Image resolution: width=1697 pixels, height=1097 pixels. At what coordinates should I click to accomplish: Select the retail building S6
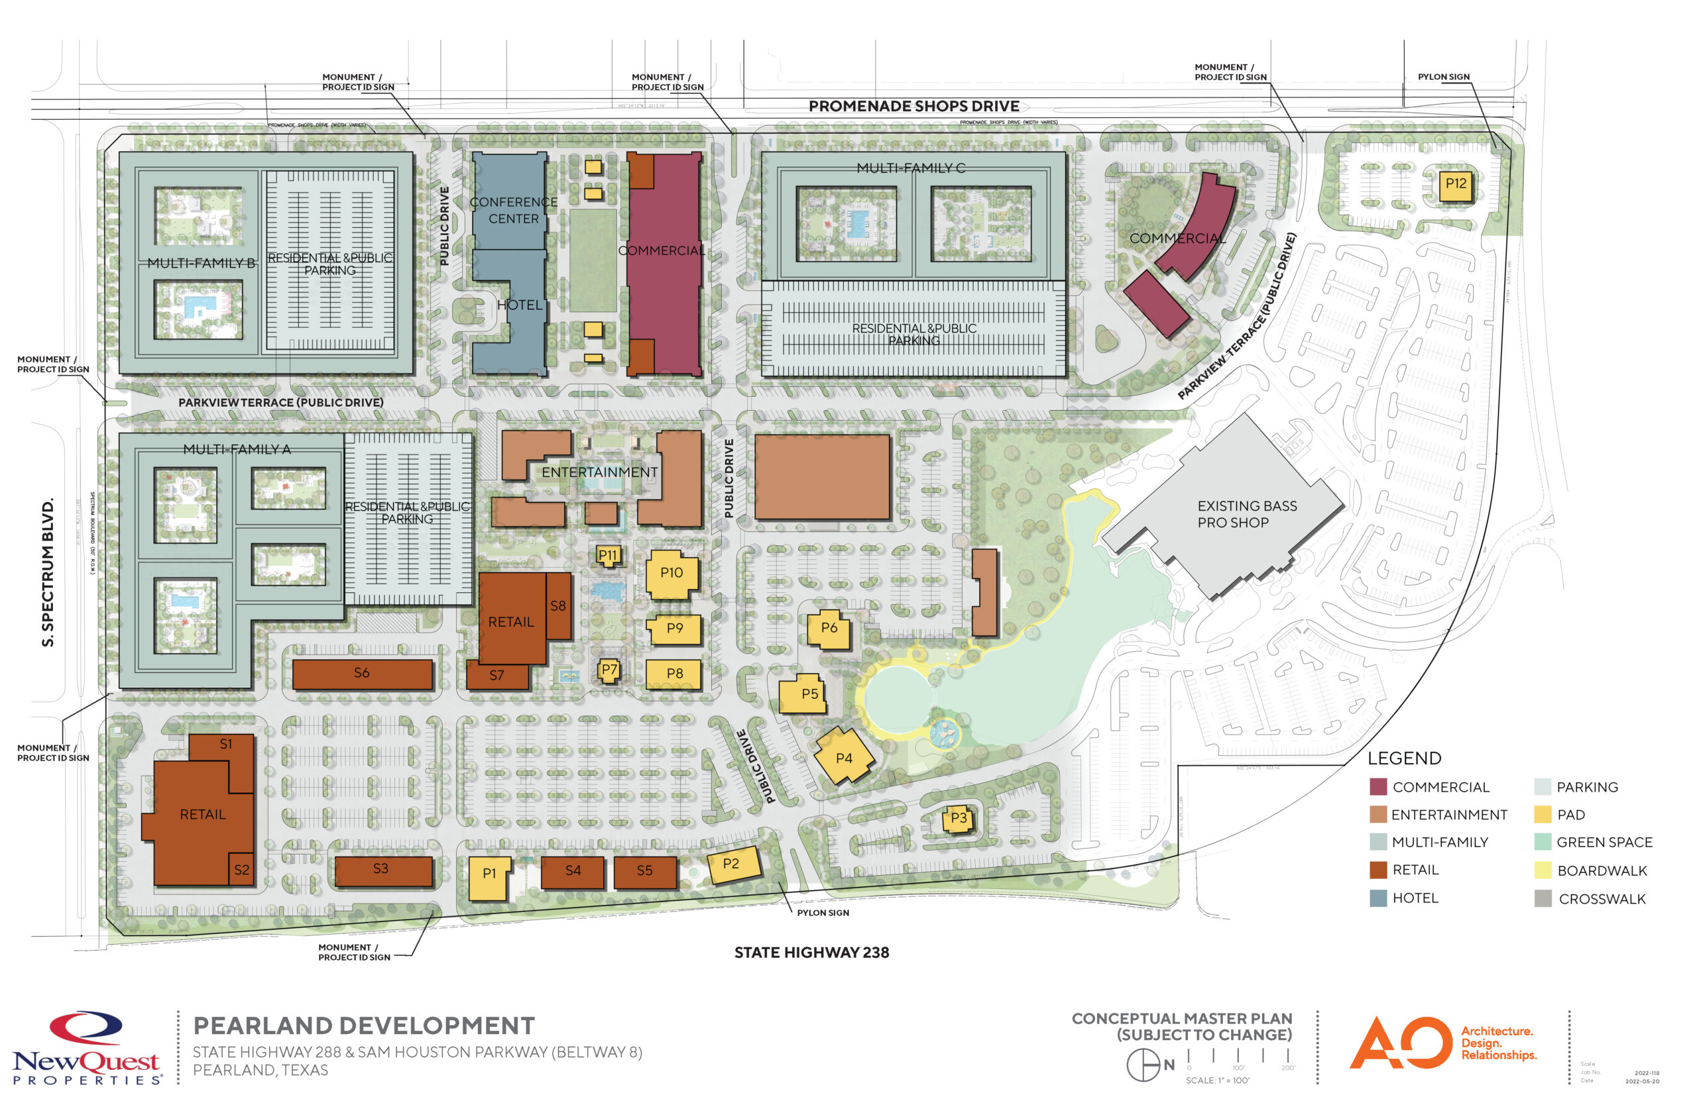pyautogui.click(x=362, y=673)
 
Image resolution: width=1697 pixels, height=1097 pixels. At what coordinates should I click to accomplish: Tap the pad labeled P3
pyautogui.click(x=959, y=819)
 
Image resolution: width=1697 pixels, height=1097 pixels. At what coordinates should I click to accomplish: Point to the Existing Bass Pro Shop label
pyautogui.click(x=1246, y=513)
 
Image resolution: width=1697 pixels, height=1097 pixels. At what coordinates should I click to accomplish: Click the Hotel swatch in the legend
pyautogui.click(x=1377, y=898)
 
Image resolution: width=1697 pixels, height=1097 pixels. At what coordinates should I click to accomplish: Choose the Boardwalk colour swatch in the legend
pyautogui.click(x=1543, y=870)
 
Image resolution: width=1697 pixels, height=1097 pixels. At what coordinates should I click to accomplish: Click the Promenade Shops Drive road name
pyautogui.click(x=913, y=106)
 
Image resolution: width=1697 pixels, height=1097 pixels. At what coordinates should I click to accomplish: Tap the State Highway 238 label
pyautogui.click(x=811, y=953)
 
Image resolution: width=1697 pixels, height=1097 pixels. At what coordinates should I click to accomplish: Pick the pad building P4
pyautogui.click(x=843, y=757)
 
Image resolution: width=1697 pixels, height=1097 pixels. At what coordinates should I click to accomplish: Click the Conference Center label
pyautogui.click(x=513, y=210)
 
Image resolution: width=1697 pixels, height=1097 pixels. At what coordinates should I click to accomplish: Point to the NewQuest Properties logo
pyautogui.click(x=86, y=1047)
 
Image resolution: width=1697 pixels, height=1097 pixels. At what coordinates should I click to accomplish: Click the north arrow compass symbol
pyautogui.click(x=1143, y=1065)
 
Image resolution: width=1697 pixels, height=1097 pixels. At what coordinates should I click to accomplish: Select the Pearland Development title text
pyautogui.click(x=363, y=1025)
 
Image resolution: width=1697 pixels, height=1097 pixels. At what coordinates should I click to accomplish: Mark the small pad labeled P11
pyautogui.click(x=608, y=555)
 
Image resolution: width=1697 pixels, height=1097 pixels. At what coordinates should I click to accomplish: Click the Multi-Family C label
pyautogui.click(x=910, y=168)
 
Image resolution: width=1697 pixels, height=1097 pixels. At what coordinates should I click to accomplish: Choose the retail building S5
pyautogui.click(x=645, y=872)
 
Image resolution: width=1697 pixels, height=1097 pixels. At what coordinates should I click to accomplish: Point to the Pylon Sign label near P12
pyautogui.click(x=1442, y=77)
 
